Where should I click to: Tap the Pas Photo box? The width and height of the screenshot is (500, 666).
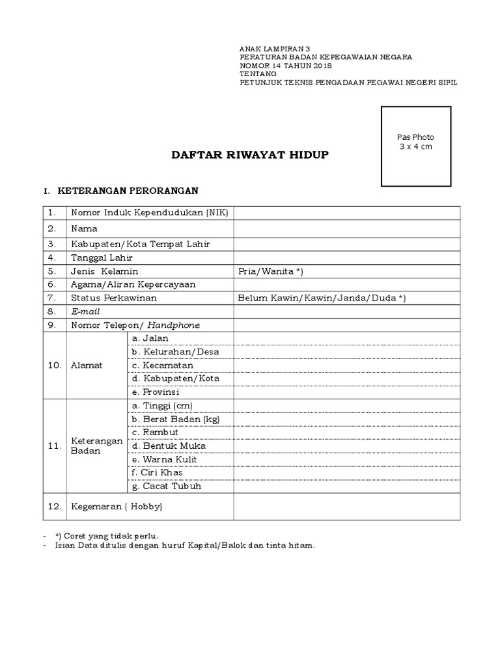[415, 146]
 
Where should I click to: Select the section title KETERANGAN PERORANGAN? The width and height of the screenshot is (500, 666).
[128, 191]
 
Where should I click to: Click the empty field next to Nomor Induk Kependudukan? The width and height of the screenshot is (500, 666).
[346, 213]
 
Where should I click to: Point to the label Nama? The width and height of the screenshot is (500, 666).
[84, 229]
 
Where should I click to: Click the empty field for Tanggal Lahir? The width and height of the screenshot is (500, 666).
[346, 258]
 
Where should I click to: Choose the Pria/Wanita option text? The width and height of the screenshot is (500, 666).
[271, 271]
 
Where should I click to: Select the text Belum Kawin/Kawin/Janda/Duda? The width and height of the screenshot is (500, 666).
[322, 298]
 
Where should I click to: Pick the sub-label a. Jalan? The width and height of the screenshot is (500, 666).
[150, 338]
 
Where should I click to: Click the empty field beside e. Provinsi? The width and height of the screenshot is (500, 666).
[346, 392]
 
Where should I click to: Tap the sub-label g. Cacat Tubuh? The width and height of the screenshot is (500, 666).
[166, 486]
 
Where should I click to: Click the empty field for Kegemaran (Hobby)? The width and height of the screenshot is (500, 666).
[346, 506]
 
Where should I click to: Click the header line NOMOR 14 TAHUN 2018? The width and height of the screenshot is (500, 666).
[286, 66]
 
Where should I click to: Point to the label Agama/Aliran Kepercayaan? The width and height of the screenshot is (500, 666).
[133, 284]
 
